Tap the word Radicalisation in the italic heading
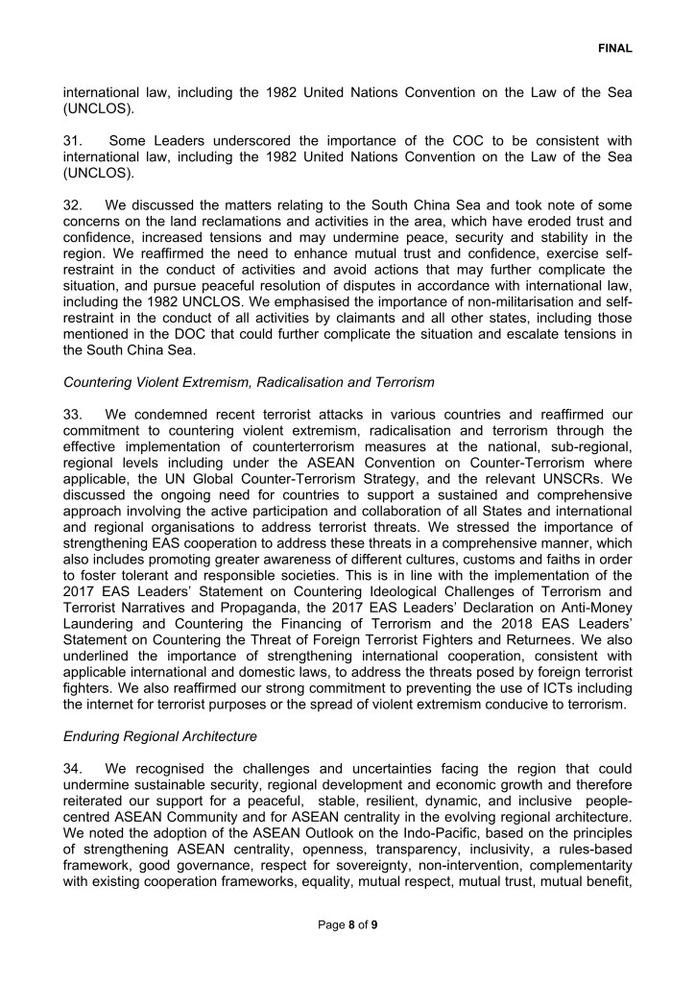(286, 383)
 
